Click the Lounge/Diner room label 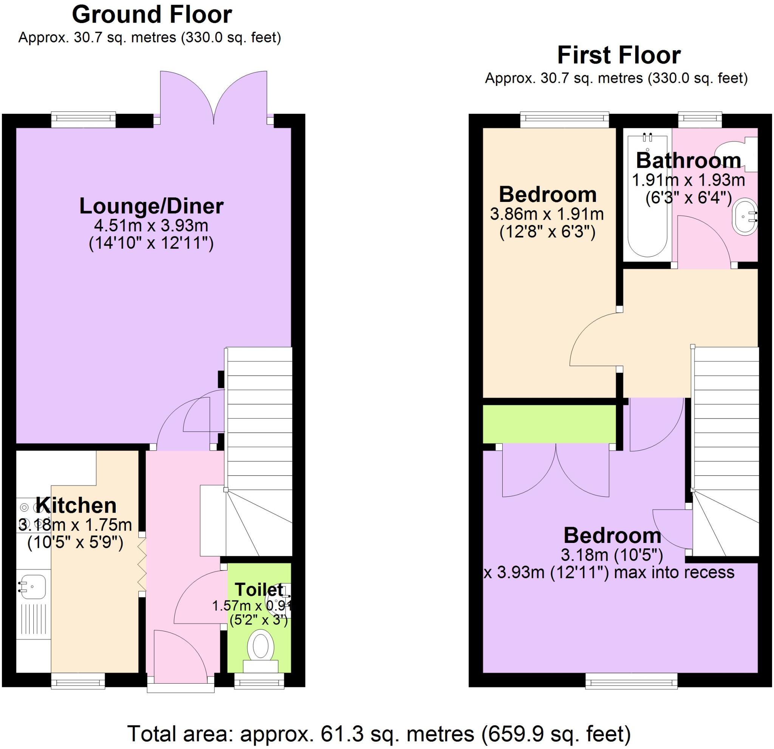point(151,206)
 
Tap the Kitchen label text point(76,505)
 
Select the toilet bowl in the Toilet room point(261,647)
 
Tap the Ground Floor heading point(152,15)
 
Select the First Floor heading point(619,55)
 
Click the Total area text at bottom point(379,734)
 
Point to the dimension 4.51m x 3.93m point(151,226)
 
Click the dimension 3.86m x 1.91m point(547,214)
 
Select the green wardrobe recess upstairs point(549,424)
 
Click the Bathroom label point(689,160)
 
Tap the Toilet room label point(259,590)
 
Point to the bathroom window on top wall point(700,120)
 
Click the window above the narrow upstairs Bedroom point(565,120)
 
